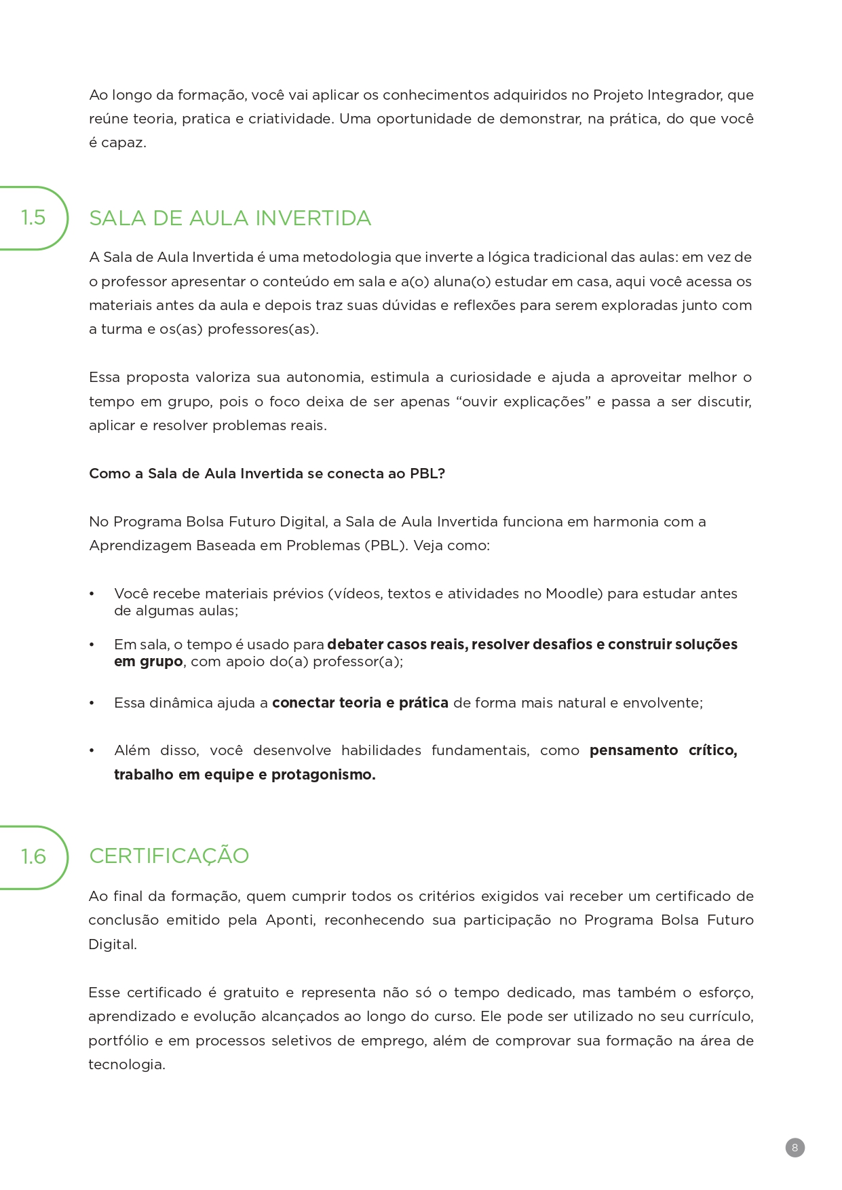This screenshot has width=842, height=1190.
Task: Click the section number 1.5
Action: (33, 218)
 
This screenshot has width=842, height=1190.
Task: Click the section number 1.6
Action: (33, 857)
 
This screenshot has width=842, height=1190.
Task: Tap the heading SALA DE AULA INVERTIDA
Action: (230, 218)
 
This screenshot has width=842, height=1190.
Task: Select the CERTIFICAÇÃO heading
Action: (169, 856)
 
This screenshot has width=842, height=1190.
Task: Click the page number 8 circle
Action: (795, 1148)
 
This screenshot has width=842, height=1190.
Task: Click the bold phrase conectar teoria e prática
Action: (360, 703)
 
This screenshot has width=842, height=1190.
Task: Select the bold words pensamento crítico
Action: (662, 750)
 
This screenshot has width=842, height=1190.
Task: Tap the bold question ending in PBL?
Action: (267, 474)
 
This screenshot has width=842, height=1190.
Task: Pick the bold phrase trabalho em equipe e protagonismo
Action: (244, 775)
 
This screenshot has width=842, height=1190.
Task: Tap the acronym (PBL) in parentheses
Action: (385, 545)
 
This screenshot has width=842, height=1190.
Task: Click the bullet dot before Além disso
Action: (92, 751)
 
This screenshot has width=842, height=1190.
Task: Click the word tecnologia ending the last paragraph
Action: (126, 1064)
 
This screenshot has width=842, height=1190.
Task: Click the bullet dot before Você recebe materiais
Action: (92, 594)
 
